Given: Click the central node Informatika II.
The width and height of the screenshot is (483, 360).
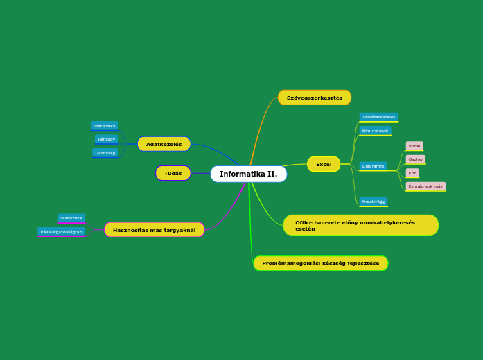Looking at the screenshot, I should [x=248, y=174].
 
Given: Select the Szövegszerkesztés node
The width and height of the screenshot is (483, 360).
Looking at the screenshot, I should [x=315, y=98].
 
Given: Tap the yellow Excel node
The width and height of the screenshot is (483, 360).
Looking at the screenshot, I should [x=324, y=164].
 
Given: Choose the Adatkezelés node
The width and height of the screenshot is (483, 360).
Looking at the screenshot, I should [x=164, y=144].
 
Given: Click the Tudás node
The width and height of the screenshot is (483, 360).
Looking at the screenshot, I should [x=173, y=173].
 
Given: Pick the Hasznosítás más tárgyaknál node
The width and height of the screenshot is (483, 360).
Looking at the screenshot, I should [x=154, y=230].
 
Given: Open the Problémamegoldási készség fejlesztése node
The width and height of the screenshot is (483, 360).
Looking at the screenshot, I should [x=320, y=263].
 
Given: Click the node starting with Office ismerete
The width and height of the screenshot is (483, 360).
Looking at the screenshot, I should [x=360, y=225].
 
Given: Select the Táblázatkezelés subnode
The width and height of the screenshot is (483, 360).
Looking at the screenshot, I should [x=378, y=117].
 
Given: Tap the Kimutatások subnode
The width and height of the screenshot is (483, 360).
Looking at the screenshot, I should [x=375, y=130].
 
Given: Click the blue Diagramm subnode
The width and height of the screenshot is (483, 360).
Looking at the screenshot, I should [x=373, y=166].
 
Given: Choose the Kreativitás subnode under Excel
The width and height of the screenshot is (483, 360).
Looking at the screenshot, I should [x=373, y=201].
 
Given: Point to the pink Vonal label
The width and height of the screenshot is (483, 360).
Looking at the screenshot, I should [x=414, y=146].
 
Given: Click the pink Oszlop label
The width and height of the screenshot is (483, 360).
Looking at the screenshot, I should [x=415, y=159].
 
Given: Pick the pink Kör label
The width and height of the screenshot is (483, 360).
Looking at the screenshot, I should [x=412, y=172].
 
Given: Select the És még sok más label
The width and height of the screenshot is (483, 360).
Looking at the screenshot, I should [x=425, y=186].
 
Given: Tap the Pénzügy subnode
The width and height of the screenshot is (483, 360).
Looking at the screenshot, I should [x=106, y=139].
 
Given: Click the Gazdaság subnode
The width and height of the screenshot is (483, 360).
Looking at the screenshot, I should [x=105, y=152].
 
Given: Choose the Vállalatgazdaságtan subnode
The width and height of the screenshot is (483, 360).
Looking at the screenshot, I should [x=61, y=232].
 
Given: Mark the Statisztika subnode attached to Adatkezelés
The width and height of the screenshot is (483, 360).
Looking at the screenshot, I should [x=104, y=126].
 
